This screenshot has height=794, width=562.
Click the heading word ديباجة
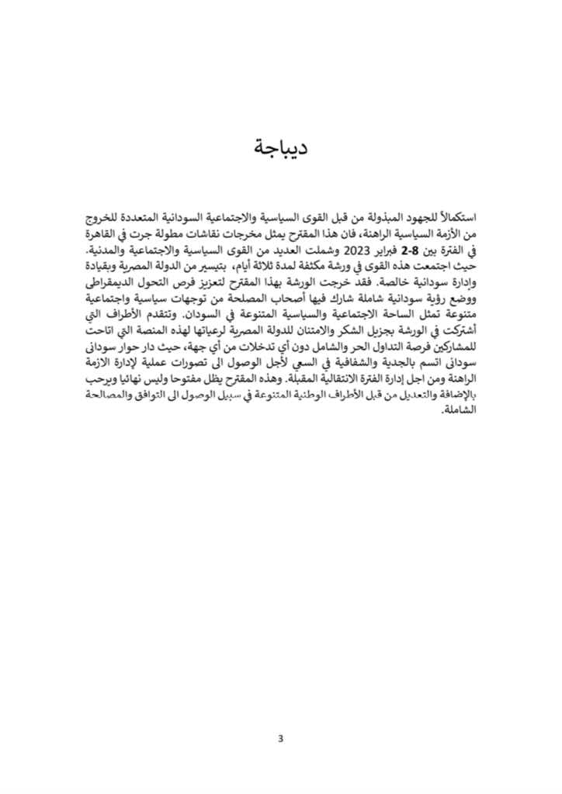280,147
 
